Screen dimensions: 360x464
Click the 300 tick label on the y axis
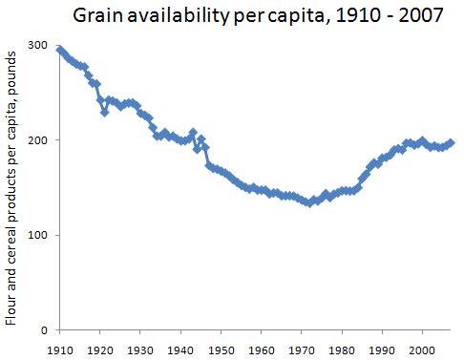pos(38,46)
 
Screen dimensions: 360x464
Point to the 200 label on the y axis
pos(38,140)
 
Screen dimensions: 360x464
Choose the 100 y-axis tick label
pos(38,235)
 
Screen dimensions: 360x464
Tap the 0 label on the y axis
pos(45,330)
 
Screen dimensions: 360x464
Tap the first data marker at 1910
pos(59,50)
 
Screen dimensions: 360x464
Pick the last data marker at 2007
pos(452,143)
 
